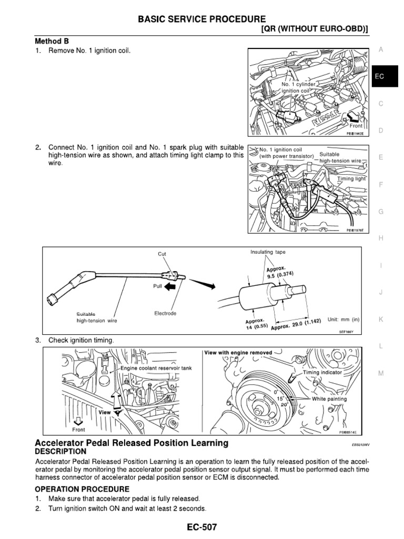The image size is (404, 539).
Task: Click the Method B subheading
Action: pos(52,41)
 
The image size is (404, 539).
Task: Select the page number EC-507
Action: pos(202,527)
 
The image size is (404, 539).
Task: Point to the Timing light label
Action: pos(351,179)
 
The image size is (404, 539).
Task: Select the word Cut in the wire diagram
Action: pos(162,254)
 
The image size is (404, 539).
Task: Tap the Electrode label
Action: pos(165,313)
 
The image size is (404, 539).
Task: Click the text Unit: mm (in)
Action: pos(343,319)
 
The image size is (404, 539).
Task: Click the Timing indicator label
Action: pos(322,372)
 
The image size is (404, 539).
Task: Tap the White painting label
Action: pos(329,398)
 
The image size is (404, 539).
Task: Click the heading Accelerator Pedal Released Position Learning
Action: pos(132,443)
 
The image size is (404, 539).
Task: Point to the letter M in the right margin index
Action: pos(381,373)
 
